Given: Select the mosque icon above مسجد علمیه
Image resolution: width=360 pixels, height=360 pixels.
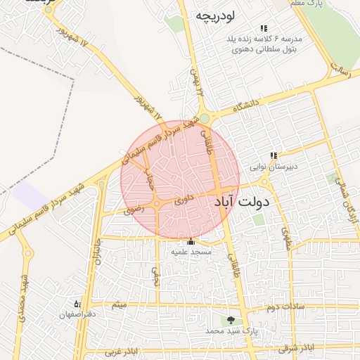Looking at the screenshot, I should pos(191,242).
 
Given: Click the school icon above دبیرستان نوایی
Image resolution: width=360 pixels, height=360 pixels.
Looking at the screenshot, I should pos(274,156).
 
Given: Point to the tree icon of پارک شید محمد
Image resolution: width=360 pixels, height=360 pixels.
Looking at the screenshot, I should pos(231,320).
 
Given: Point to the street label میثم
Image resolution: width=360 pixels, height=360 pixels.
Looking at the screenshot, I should pos(119,305).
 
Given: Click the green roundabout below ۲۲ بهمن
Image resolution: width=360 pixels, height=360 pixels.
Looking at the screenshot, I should pos(204,118).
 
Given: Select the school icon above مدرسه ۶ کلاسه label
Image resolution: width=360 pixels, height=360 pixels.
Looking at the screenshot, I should pos(264,28).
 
